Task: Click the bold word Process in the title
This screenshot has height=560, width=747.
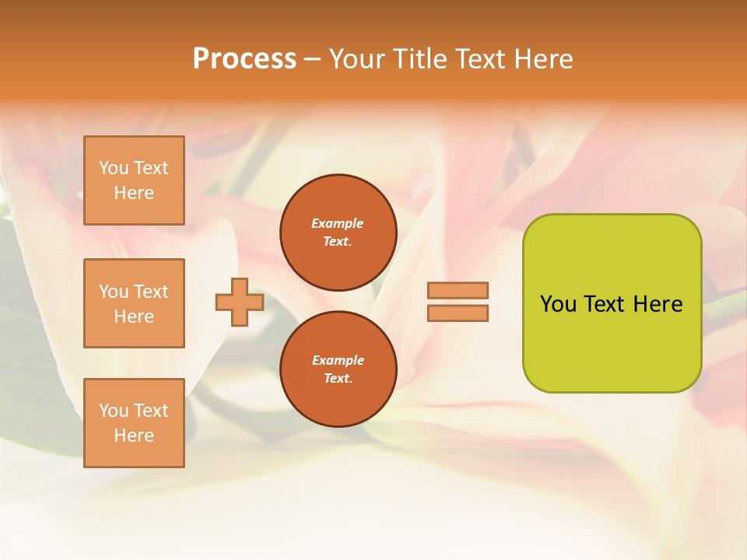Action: click(x=244, y=58)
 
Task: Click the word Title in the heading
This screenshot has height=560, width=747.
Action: click(x=418, y=59)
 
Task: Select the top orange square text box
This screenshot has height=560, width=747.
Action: click(x=134, y=180)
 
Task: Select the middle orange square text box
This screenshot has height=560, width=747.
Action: click(x=134, y=303)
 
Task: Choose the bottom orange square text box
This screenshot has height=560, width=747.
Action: click(x=134, y=423)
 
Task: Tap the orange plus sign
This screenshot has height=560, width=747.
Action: click(x=239, y=302)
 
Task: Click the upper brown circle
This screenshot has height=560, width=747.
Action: click(x=338, y=232)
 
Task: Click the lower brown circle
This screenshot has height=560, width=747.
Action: click(x=338, y=369)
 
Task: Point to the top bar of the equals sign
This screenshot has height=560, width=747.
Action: click(x=458, y=290)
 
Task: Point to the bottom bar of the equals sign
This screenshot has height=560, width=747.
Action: click(x=458, y=313)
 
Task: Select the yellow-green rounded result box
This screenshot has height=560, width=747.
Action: click(x=612, y=303)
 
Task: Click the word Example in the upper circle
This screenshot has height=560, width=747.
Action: click(x=337, y=223)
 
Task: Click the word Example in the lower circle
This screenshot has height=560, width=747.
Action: click(x=338, y=360)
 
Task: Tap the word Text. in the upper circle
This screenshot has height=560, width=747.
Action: click(x=338, y=241)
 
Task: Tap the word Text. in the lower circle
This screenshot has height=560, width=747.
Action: click(x=338, y=378)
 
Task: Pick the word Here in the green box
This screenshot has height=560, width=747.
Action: click(x=658, y=303)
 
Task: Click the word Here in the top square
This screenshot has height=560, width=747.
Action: click(x=134, y=193)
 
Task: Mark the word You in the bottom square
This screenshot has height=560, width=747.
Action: click(x=113, y=411)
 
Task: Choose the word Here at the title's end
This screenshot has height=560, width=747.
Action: click(x=544, y=59)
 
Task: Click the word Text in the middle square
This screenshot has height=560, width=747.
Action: click(x=150, y=292)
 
